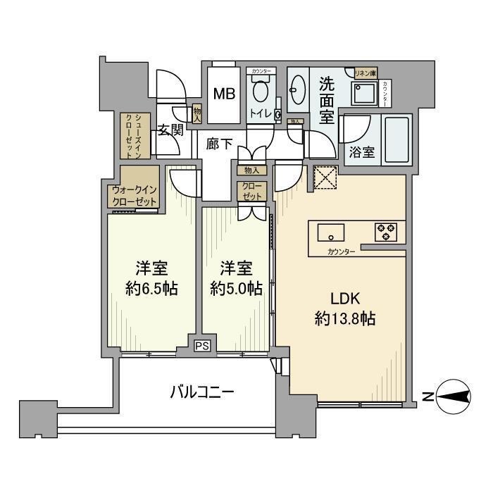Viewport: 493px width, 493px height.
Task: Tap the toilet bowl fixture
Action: (x=261, y=92)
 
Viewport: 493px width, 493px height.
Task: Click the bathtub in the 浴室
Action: (x=399, y=140)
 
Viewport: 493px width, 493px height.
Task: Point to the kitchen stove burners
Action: (x=385, y=232)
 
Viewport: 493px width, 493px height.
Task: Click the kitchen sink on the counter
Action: (x=330, y=232)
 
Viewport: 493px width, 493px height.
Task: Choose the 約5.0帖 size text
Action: (x=237, y=287)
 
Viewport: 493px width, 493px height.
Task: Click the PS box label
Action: (x=203, y=346)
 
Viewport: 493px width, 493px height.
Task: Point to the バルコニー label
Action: (x=202, y=392)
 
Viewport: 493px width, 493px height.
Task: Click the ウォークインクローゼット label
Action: (x=134, y=195)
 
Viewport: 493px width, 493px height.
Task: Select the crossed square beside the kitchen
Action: (x=326, y=178)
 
